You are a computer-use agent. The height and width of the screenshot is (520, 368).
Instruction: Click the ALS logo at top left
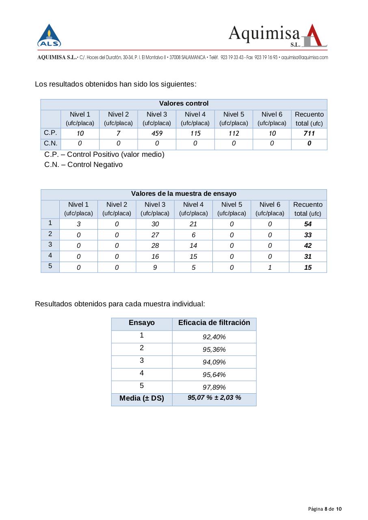(49, 36)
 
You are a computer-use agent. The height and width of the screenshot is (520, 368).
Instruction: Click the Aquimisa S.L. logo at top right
(278, 36)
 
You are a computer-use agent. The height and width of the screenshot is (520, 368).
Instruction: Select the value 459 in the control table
(157, 134)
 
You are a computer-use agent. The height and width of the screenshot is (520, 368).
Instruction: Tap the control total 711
(309, 134)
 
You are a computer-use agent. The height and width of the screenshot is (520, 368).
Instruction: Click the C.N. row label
(50, 143)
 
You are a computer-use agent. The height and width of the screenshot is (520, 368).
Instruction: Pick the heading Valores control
(184, 104)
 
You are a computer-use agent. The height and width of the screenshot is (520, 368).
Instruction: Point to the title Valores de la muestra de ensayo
(184, 194)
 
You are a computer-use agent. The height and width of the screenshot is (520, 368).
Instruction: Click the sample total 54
(308, 224)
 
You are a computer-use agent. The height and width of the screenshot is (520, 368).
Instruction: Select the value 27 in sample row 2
(155, 235)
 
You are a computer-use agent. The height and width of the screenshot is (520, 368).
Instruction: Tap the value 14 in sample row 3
(193, 246)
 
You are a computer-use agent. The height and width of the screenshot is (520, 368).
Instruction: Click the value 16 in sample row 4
(155, 256)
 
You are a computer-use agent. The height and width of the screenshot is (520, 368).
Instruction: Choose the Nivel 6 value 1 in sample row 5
(270, 267)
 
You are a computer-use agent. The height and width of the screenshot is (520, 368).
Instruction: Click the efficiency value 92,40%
(214, 337)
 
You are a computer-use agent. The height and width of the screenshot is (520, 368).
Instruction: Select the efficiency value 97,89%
(214, 387)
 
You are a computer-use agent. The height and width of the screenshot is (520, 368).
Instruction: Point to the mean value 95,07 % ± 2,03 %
(214, 398)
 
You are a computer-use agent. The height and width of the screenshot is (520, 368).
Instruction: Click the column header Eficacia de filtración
(214, 323)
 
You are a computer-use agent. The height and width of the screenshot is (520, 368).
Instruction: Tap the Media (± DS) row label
(142, 399)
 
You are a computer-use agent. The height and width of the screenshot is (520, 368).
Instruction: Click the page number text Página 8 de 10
(325, 509)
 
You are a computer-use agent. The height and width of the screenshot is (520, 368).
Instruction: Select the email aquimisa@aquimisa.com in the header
(304, 58)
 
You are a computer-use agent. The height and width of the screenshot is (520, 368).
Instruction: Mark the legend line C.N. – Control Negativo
(83, 165)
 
